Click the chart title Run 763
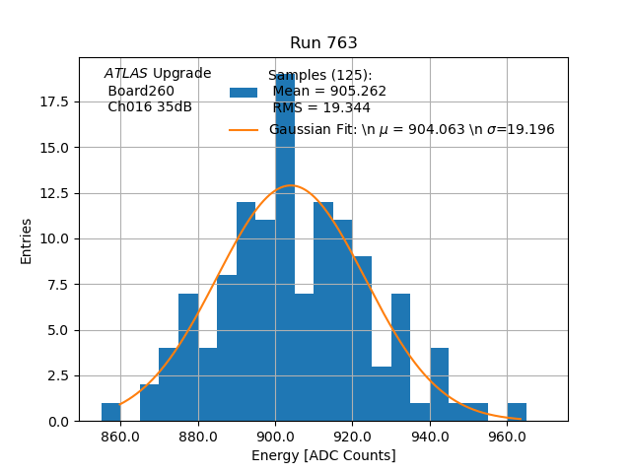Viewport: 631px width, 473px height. tap(323, 43)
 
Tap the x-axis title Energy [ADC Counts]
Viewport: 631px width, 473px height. tap(323, 455)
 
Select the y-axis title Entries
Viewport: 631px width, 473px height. tap(27, 240)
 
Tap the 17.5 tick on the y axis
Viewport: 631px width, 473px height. tap(54, 102)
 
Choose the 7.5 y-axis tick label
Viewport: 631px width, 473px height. tap(57, 285)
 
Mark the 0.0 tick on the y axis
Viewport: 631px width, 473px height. tap(57, 421)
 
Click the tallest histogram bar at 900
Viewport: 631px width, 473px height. tap(285, 246)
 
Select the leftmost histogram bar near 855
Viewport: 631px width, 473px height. tap(110, 412)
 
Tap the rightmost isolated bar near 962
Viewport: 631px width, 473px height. tap(517, 412)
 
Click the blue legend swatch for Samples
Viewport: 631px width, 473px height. tap(244, 92)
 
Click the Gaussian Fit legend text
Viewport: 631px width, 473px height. tap(411, 130)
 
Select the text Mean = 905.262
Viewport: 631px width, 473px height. tap(329, 92)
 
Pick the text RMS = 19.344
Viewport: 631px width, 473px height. tap(321, 107)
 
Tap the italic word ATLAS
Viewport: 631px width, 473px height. tap(126, 74)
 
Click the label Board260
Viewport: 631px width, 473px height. tap(141, 91)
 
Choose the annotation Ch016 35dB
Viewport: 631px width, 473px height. tap(150, 107)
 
